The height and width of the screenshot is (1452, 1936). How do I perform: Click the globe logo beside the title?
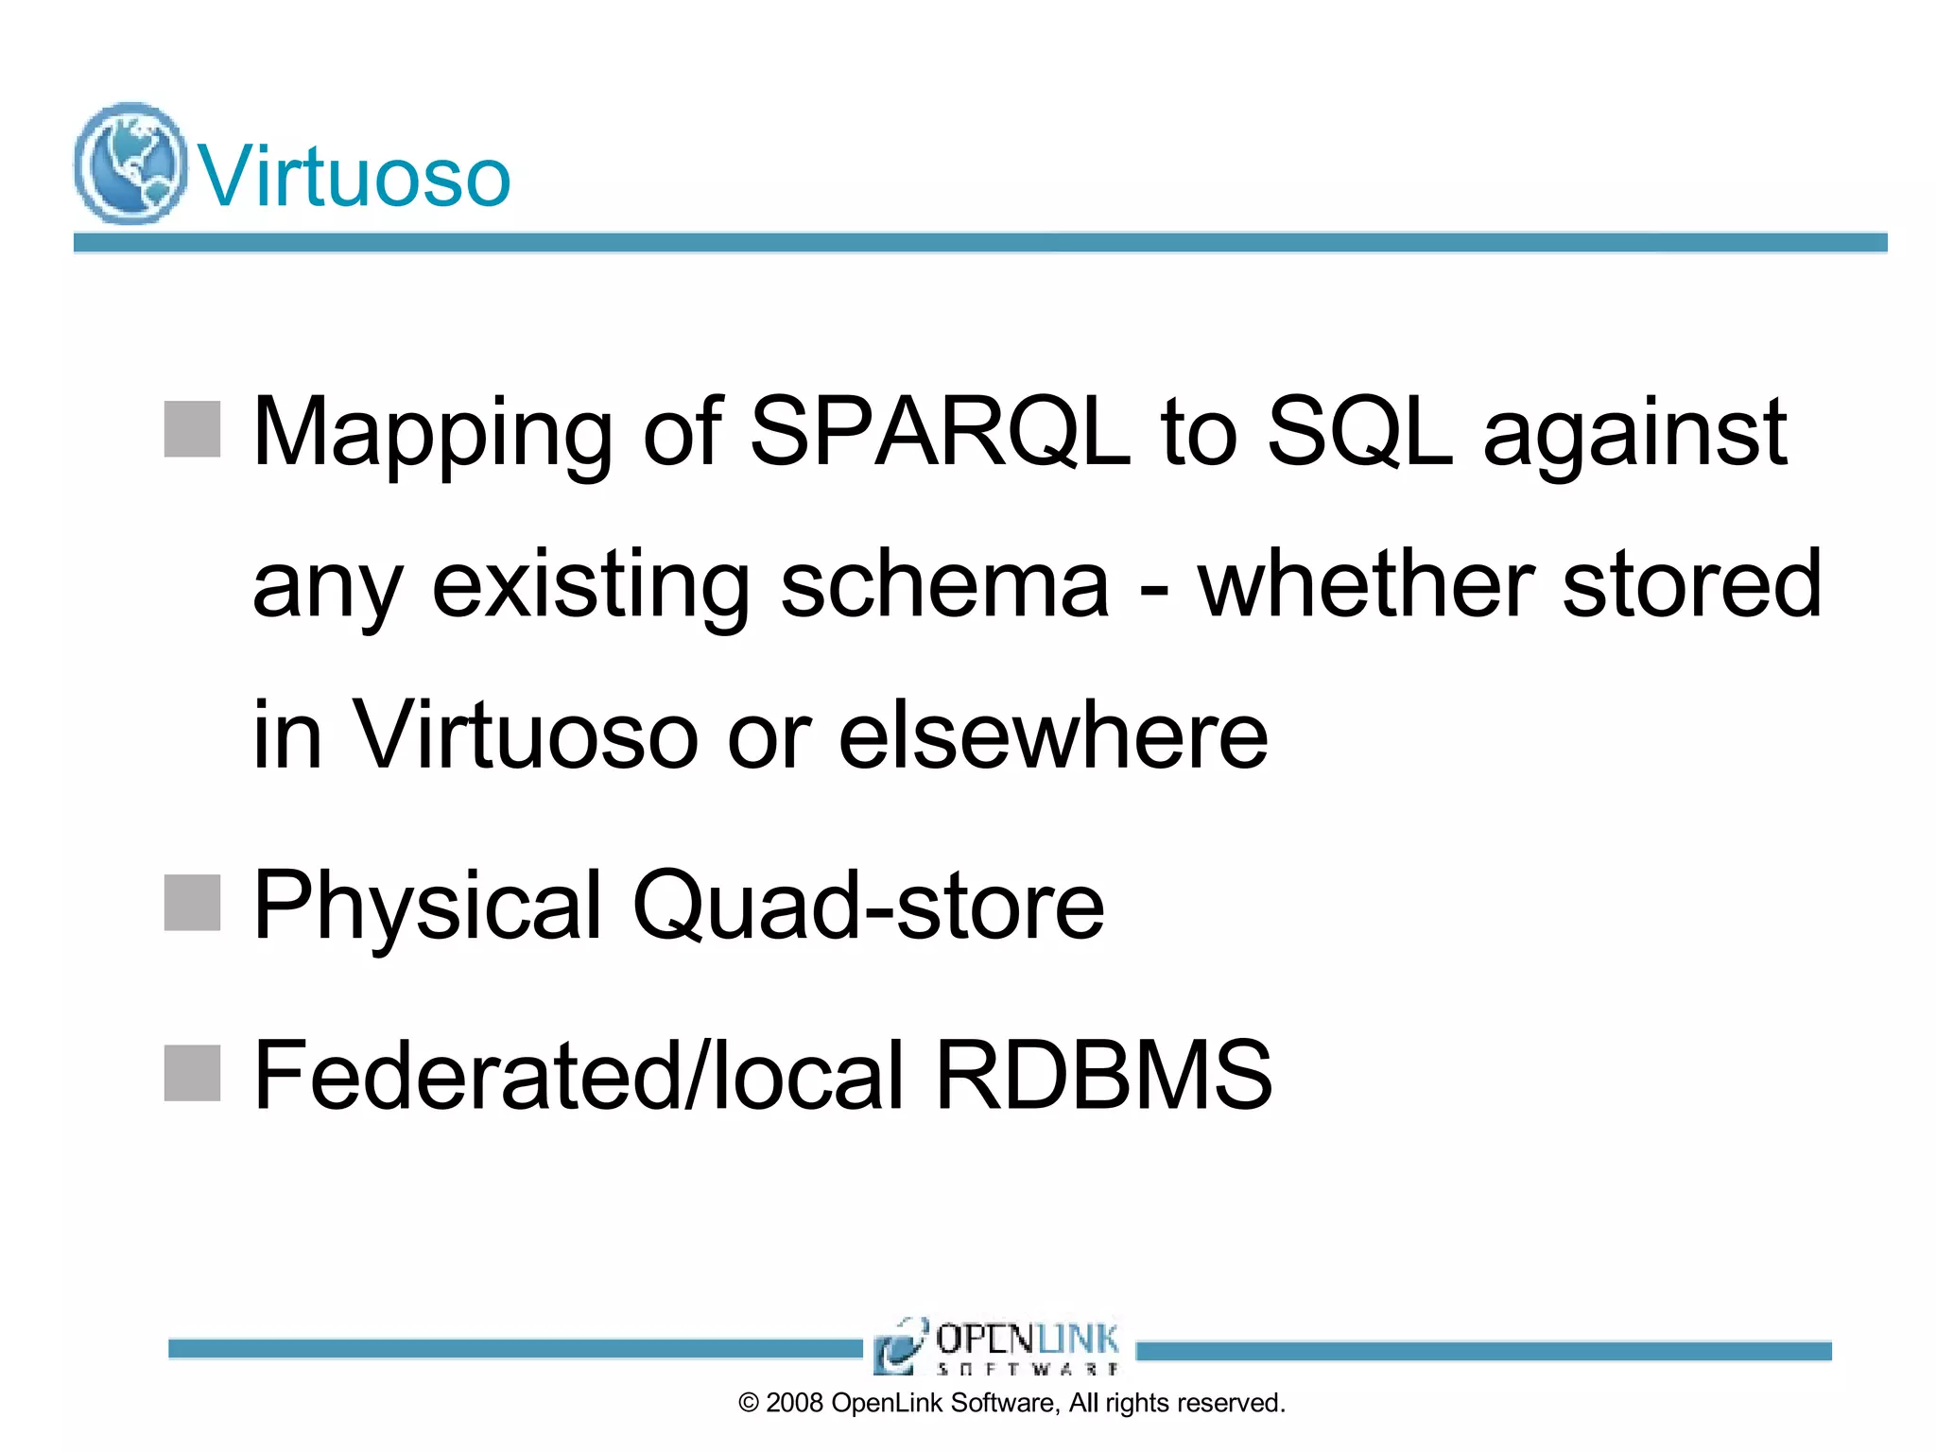click(130, 164)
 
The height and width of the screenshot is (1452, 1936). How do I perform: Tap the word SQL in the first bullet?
click(1358, 433)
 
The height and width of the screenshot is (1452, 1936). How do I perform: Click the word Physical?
click(427, 907)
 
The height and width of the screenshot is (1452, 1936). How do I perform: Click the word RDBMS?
click(1103, 1076)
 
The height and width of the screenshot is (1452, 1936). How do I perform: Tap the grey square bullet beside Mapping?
click(193, 429)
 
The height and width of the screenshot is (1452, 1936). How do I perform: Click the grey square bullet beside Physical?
click(193, 903)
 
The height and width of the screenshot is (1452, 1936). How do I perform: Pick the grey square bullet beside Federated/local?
click(193, 1073)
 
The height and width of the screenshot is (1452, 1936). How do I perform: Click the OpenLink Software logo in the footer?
click(998, 1345)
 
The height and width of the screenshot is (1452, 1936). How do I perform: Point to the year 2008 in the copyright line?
click(794, 1403)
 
